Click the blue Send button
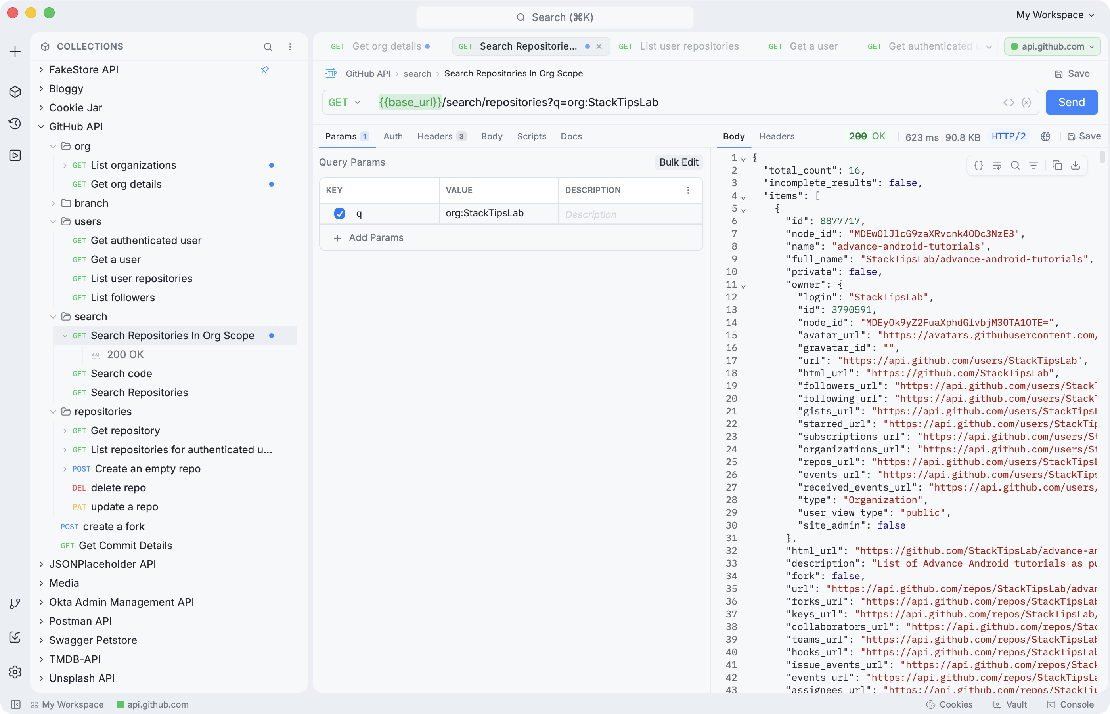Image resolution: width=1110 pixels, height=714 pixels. [1071, 102]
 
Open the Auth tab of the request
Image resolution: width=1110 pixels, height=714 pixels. [393, 136]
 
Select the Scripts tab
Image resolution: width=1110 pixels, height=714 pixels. [532, 136]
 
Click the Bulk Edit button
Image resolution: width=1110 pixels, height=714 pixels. [679, 162]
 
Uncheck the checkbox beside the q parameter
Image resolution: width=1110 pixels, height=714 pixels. [339, 213]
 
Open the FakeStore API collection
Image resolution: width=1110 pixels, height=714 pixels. [84, 70]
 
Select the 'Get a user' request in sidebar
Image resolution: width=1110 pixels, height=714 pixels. [115, 260]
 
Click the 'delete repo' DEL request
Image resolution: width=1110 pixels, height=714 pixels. [118, 488]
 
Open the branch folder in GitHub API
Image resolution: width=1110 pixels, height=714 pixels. [91, 203]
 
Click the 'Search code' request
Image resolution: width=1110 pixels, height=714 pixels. [121, 374]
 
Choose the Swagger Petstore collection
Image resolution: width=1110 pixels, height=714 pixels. [93, 640]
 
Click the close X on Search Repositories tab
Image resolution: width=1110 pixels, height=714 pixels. [599, 46]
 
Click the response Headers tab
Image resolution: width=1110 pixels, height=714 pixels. [777, 136]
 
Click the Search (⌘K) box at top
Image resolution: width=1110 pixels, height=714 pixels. [555, 17]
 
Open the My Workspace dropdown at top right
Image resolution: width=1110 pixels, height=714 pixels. [1055, 15]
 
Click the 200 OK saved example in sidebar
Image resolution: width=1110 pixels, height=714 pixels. [118, 355]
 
